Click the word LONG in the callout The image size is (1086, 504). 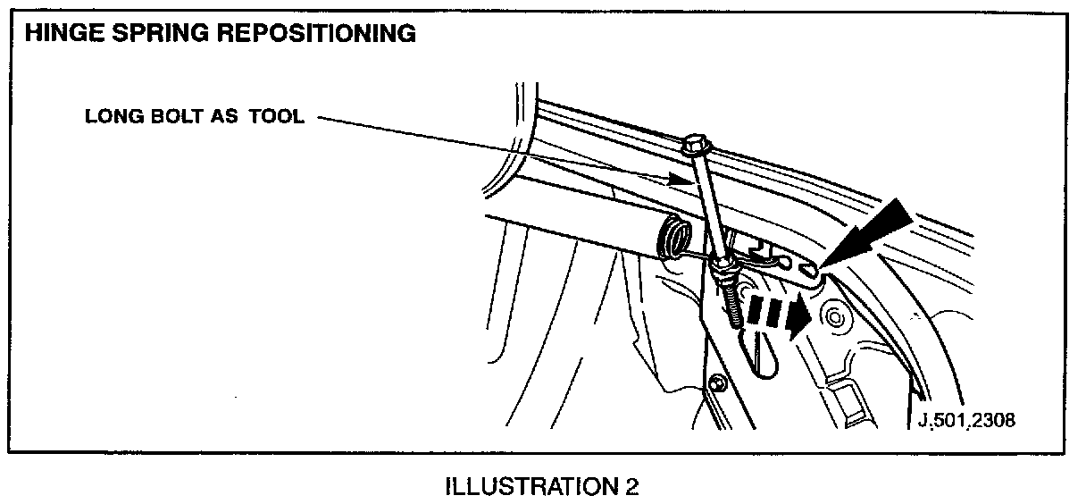(109, 117)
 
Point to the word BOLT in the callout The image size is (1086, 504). (168, 117)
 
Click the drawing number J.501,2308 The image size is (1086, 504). (967, 420)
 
